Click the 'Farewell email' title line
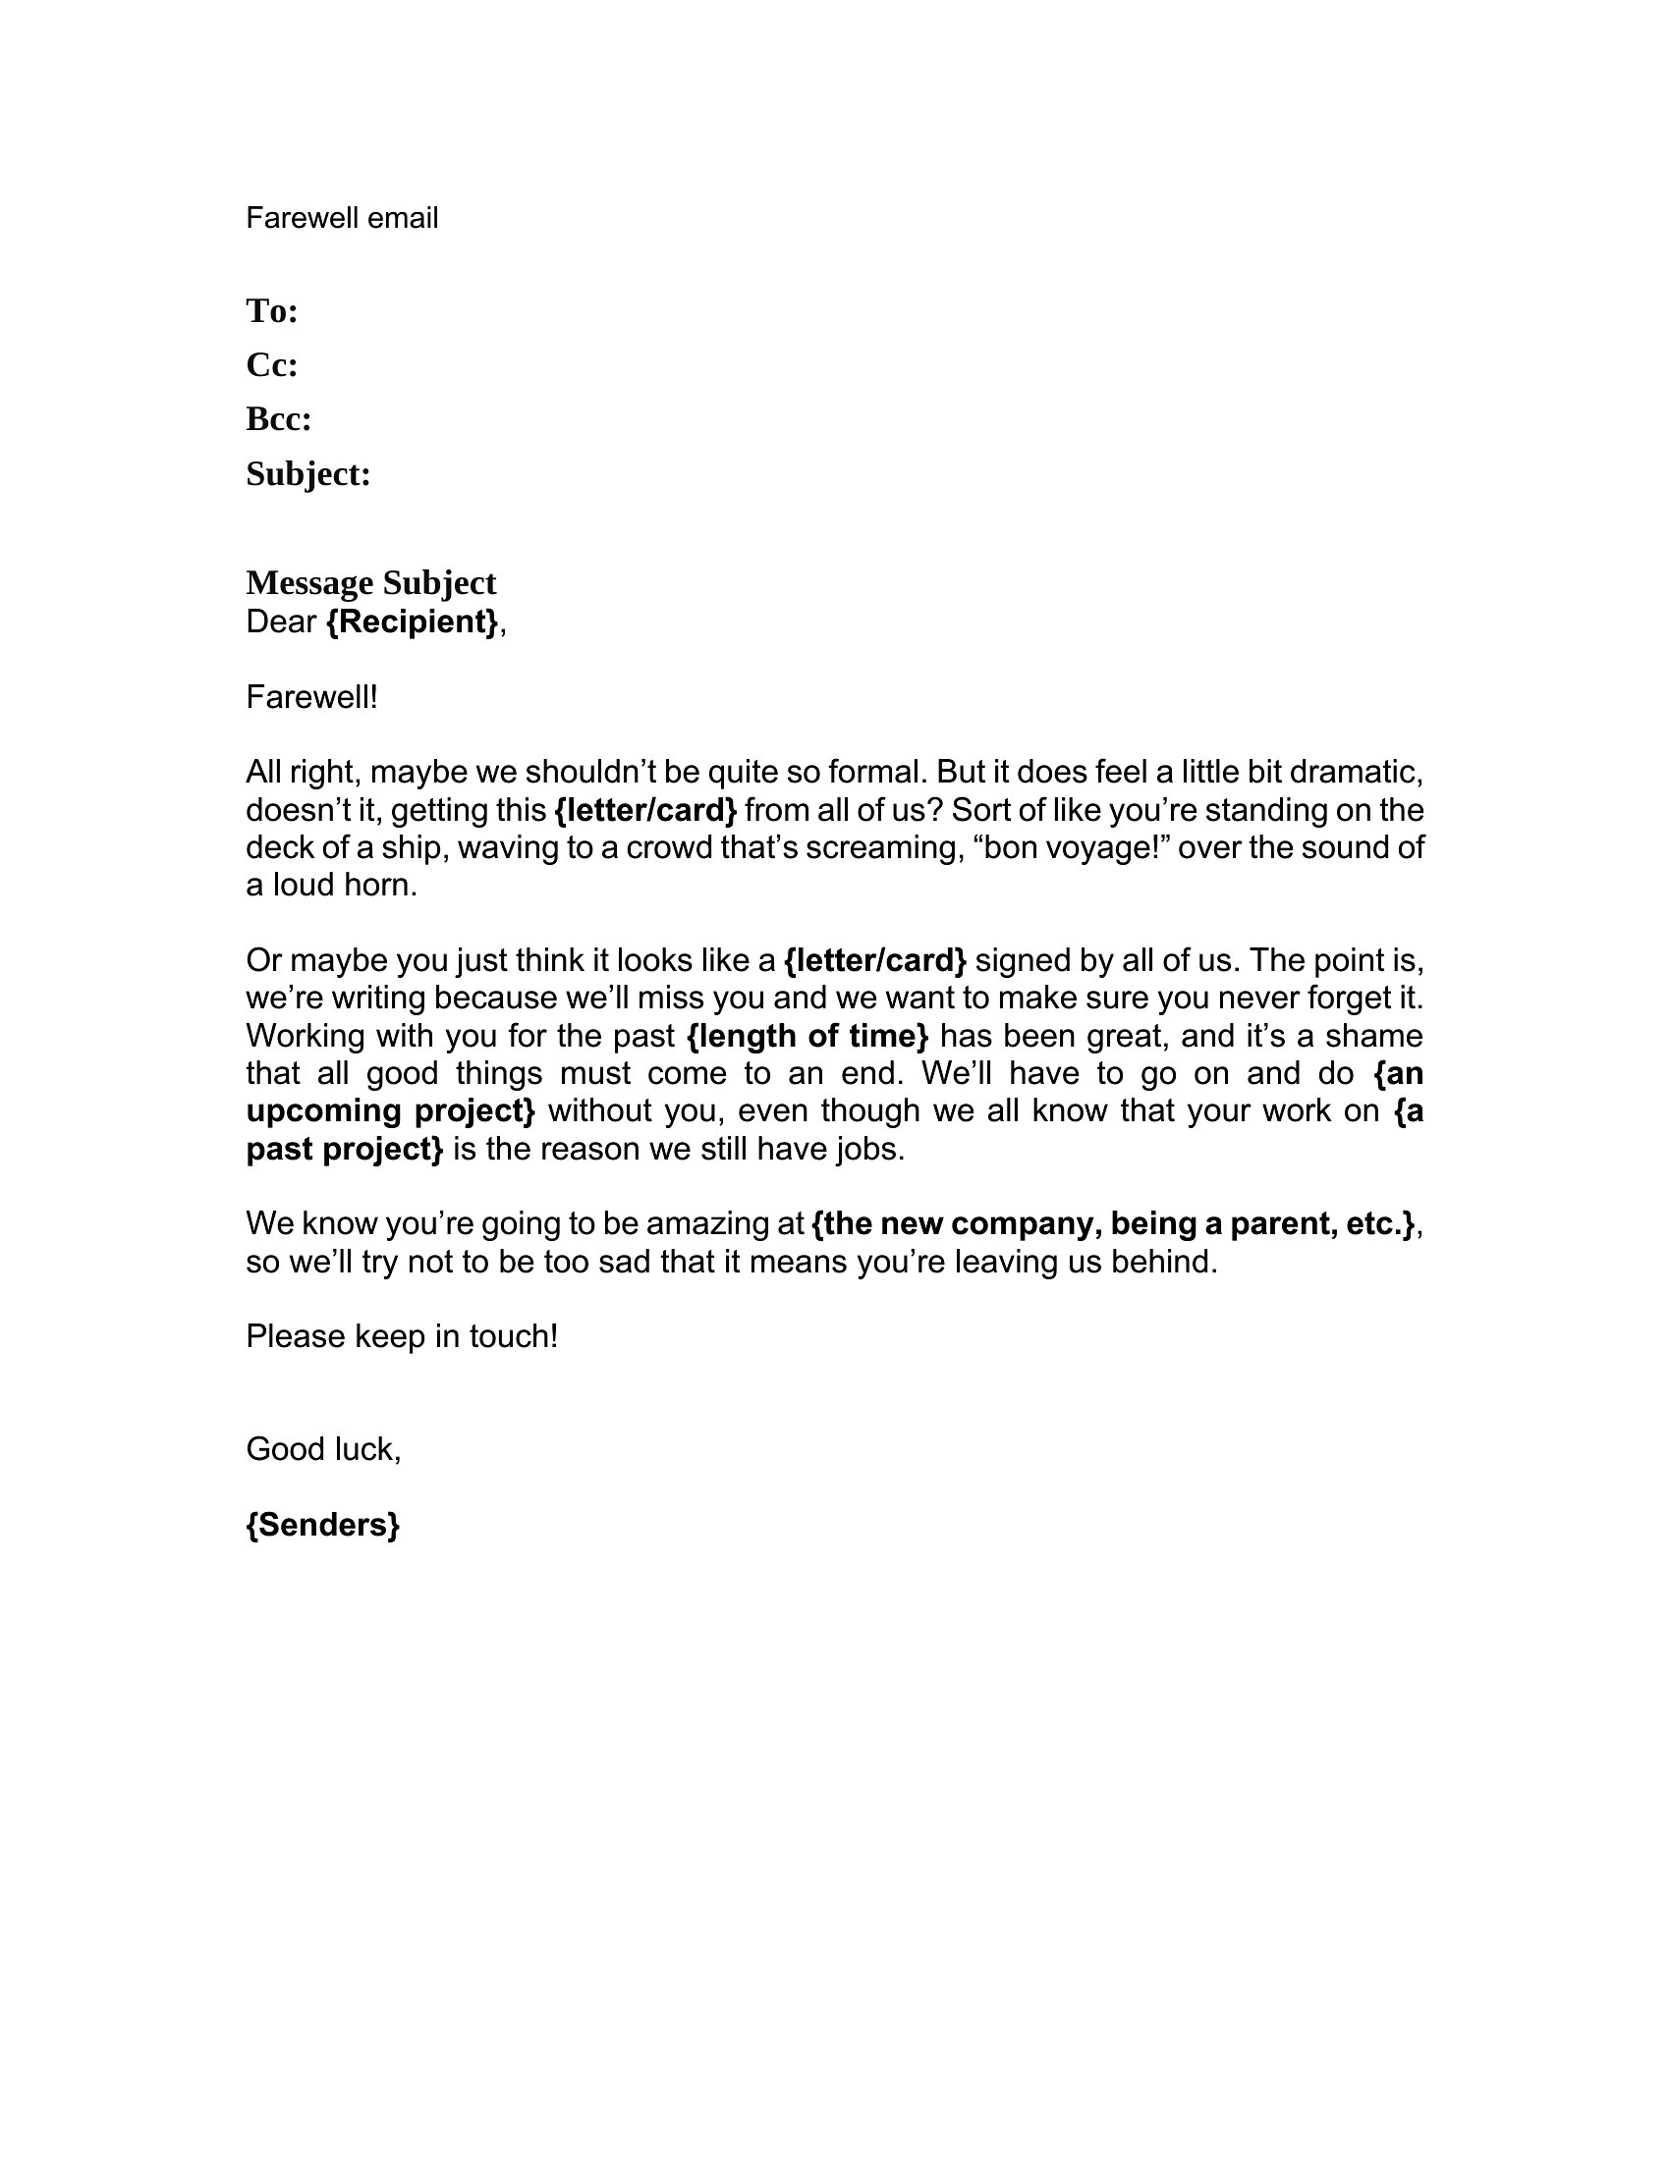[341, 218]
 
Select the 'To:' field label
[272, 311]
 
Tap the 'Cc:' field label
[272, 366]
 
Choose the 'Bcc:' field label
[279, 420]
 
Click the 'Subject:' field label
[307, 475]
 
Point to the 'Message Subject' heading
[371, 582]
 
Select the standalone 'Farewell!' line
[311, 697]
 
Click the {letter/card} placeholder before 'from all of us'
[646, 811]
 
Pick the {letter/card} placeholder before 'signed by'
[874, 960]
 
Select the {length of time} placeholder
[807, 1036]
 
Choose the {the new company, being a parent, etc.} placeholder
[1113, 1224]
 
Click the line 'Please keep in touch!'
[402, 1337]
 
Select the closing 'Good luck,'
[323, 1449]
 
